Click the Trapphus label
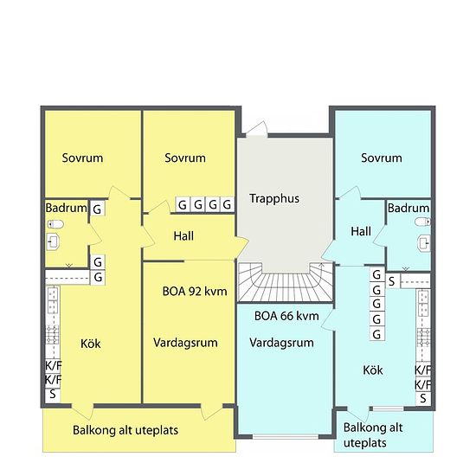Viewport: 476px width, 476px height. point(274,199)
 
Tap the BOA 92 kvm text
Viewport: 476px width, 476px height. point(195,292)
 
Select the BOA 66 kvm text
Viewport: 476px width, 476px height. point(286,316)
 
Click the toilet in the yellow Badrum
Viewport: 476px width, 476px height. point(55,224)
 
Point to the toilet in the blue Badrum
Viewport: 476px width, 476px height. point(422,222)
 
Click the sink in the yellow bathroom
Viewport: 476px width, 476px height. point(53,241)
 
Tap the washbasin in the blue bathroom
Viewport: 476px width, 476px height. point(424,243)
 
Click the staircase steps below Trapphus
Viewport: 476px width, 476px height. point(286,283)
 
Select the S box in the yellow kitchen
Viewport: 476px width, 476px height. point(53,395)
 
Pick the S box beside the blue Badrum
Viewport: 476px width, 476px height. point(392,281)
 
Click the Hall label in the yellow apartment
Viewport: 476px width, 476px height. point(183,236)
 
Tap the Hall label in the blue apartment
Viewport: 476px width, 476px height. point(361,232)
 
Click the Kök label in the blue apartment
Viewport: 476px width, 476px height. point(373,370)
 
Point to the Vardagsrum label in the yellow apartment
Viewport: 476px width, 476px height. point(185,343)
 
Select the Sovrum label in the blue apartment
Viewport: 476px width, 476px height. point(382,158)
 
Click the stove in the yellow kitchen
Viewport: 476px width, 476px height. point(53,335)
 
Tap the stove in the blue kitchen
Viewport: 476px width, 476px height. point(423,338)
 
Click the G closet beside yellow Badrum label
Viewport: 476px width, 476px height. point(98,209)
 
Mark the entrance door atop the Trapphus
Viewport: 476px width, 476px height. point(257,129)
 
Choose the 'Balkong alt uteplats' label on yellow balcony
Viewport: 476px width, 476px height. point(125,430)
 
